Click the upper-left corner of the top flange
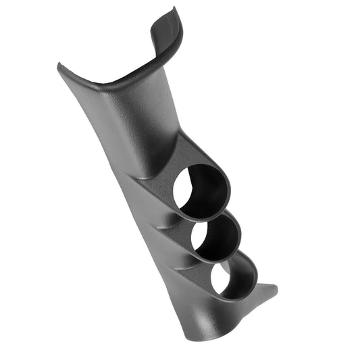pyautogui.click(x=60, y=66)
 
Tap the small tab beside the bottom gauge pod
pyautogui.click(x=269, y=290)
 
